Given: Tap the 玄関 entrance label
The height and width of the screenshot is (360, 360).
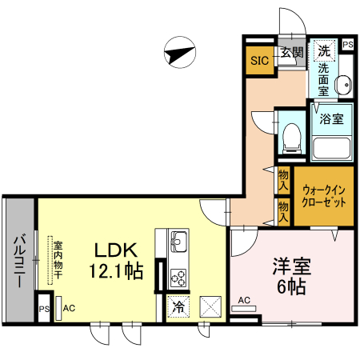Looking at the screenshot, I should (291, 54).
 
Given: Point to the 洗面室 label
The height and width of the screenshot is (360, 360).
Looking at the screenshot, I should (324, 80).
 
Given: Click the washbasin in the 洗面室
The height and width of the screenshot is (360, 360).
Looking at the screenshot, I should (343, 85).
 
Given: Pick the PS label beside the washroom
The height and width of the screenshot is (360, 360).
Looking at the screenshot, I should (348, 46).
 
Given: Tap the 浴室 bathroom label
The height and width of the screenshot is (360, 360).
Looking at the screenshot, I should (331, 119).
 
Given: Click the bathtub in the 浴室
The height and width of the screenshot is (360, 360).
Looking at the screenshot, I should (331, 147).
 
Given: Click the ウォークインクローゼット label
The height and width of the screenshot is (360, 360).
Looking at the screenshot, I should (324, 196).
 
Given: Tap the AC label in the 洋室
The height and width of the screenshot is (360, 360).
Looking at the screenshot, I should (244, 301).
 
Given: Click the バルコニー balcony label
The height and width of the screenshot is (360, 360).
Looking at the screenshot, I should (18, 259).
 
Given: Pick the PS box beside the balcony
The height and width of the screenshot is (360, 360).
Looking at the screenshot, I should (45, 308).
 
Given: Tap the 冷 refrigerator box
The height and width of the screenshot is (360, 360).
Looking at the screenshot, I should (177, 305).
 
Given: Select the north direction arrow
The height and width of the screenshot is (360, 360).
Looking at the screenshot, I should (179, 54).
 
